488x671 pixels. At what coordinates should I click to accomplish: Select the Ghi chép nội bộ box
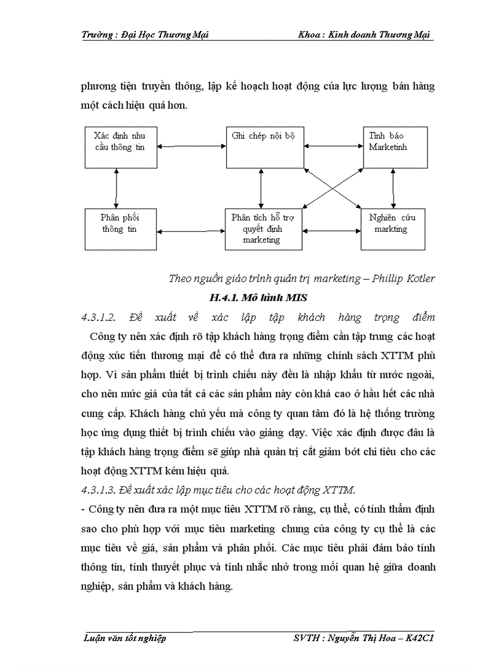[x=263, y=147]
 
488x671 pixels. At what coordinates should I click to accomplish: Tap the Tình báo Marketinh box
[x=395, y=147]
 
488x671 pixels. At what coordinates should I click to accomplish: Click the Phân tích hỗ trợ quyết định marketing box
[x=262, y=229]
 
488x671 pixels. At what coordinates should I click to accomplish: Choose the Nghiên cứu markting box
[x=393, y=229]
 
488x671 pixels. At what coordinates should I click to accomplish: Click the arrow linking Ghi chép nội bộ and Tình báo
[x=332, y=145]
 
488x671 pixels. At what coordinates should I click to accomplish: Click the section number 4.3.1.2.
[x=102, y=317]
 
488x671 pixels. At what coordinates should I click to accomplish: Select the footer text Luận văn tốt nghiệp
[x=124, y=639]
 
